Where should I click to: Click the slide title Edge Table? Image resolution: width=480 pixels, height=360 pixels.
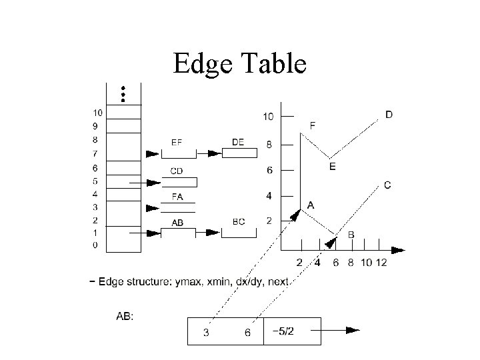[x=239, y=64]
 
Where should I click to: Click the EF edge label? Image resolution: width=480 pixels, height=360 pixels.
[x=177, y=142]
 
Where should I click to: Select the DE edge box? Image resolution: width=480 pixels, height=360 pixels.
[x=239, y=153]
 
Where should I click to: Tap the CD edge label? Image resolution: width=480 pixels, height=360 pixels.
[x=176, y=171]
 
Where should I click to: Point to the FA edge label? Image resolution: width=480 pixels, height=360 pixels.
[x=177, y=197]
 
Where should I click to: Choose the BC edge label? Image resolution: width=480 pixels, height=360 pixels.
[x=238, y=222]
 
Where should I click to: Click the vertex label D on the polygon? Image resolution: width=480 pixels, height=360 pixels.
[x=389, y=115]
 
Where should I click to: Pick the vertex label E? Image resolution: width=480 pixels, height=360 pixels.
[x=332, y=167]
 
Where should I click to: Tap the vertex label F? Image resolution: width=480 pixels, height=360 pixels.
[x=313, y=125]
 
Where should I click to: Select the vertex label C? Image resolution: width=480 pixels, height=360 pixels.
[x=387, y=185]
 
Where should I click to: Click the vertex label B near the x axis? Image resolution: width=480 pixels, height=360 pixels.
[x=351, y=235]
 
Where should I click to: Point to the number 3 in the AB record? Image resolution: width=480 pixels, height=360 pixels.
[x=206, y=333]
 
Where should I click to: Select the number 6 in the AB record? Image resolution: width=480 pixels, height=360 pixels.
[x=248, y=333]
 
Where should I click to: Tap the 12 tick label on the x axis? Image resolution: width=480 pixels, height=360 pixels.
[x=381, y=263]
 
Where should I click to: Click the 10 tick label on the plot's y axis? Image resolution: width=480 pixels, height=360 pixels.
[x=267, y=117]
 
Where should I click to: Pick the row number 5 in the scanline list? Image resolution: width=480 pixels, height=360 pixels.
[x=95, y=181]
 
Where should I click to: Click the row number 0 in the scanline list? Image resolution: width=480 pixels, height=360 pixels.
[x=95, y=245]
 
